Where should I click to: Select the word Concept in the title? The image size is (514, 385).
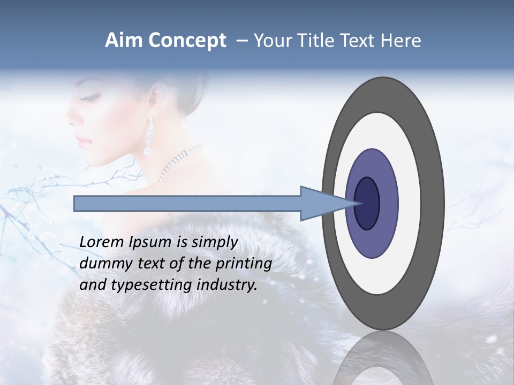(x=187, y=41)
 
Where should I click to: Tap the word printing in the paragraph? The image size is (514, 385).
(x=244, y=264)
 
